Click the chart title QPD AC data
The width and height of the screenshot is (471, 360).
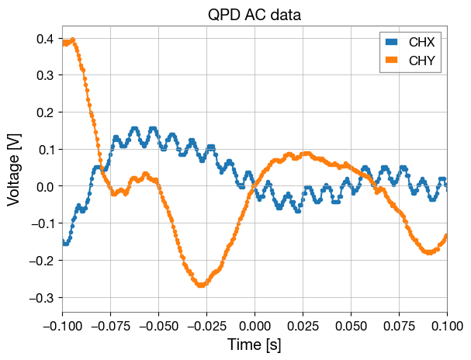pos(255,15)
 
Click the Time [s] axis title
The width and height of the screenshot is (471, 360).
pos(255,344)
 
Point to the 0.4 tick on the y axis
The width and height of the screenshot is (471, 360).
pos(45,38)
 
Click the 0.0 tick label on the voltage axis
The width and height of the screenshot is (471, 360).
pos(45,186)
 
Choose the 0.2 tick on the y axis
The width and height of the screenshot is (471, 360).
pos(45,112)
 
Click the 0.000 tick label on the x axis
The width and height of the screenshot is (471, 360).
pos(255,323)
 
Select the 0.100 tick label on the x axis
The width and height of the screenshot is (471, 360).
pos(447,323)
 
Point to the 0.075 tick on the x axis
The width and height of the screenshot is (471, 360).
pos(399,323)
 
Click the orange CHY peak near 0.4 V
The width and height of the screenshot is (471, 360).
pos(72,40)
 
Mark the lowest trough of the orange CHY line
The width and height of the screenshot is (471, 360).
pos(201,286)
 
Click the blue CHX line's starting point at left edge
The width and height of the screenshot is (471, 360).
pos(63,242)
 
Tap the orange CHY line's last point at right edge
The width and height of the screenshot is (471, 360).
pos(447,235)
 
